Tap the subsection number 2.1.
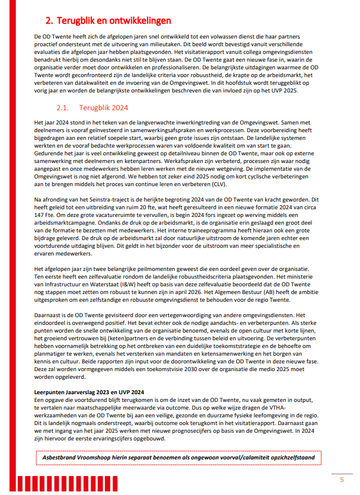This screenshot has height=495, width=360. [x=63, y=108]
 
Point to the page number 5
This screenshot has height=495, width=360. [x=341, y=479]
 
